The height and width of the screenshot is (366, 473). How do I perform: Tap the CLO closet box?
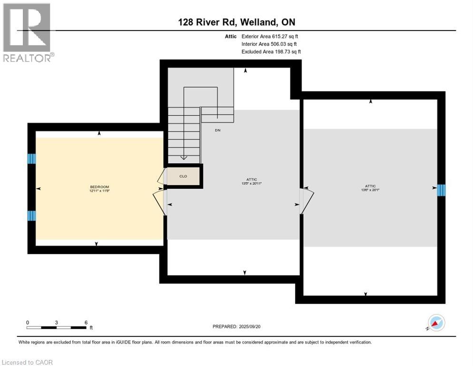point(183,176)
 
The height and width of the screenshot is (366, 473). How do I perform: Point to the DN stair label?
point(217,130)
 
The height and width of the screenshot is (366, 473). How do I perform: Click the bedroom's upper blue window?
point(31,159)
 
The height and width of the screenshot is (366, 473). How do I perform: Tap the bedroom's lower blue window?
point(31,215)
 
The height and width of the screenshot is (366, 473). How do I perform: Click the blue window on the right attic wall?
point(441,190)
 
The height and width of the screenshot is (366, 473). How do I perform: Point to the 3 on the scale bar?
point(56,323)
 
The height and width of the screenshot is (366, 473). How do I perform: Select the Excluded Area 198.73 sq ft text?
point(271,51)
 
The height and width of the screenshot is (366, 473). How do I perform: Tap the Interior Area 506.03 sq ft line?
point(269,44)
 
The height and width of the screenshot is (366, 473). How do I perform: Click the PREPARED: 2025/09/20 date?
point(236,326)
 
